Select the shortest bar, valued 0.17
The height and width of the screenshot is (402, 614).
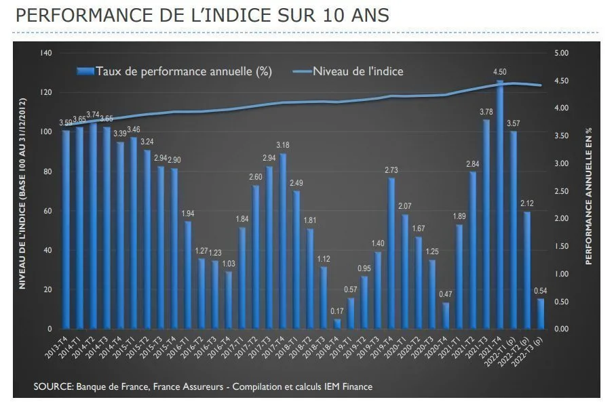tap(337, 324)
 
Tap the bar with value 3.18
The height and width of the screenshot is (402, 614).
tap(283, 241)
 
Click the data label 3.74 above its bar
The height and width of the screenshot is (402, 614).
tap(93, 115)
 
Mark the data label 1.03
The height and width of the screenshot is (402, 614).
tap(229, 264)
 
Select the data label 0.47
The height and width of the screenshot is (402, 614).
tap(446, 294)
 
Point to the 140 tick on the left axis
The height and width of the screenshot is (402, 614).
tap(46, 53)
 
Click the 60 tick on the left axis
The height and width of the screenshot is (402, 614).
tap(47, 211)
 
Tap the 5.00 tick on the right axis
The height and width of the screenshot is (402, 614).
tap(562, 53)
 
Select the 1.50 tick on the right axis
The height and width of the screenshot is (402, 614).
tap(562, 246)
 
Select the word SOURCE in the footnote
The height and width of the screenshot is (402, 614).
tap(52, 386)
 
